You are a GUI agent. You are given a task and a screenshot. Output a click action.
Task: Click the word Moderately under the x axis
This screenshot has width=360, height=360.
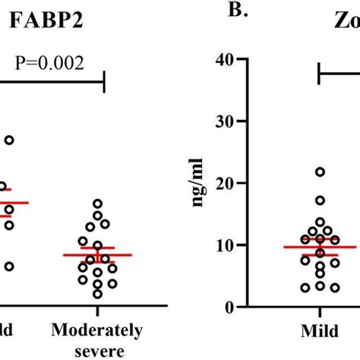[x=97, y=330]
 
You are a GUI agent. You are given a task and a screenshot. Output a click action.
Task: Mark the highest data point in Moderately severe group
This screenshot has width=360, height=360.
[x=97, y=203]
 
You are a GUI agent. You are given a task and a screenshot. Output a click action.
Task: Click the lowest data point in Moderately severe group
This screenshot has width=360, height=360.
[x=96, y=294]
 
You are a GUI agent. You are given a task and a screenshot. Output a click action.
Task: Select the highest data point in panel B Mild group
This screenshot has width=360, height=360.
[x=320, y=172]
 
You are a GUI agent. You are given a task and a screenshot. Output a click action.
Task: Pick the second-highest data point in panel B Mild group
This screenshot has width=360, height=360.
[x=320, y=201]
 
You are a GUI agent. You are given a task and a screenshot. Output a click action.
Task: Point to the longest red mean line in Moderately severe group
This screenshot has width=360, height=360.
[x=97, y=255]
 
